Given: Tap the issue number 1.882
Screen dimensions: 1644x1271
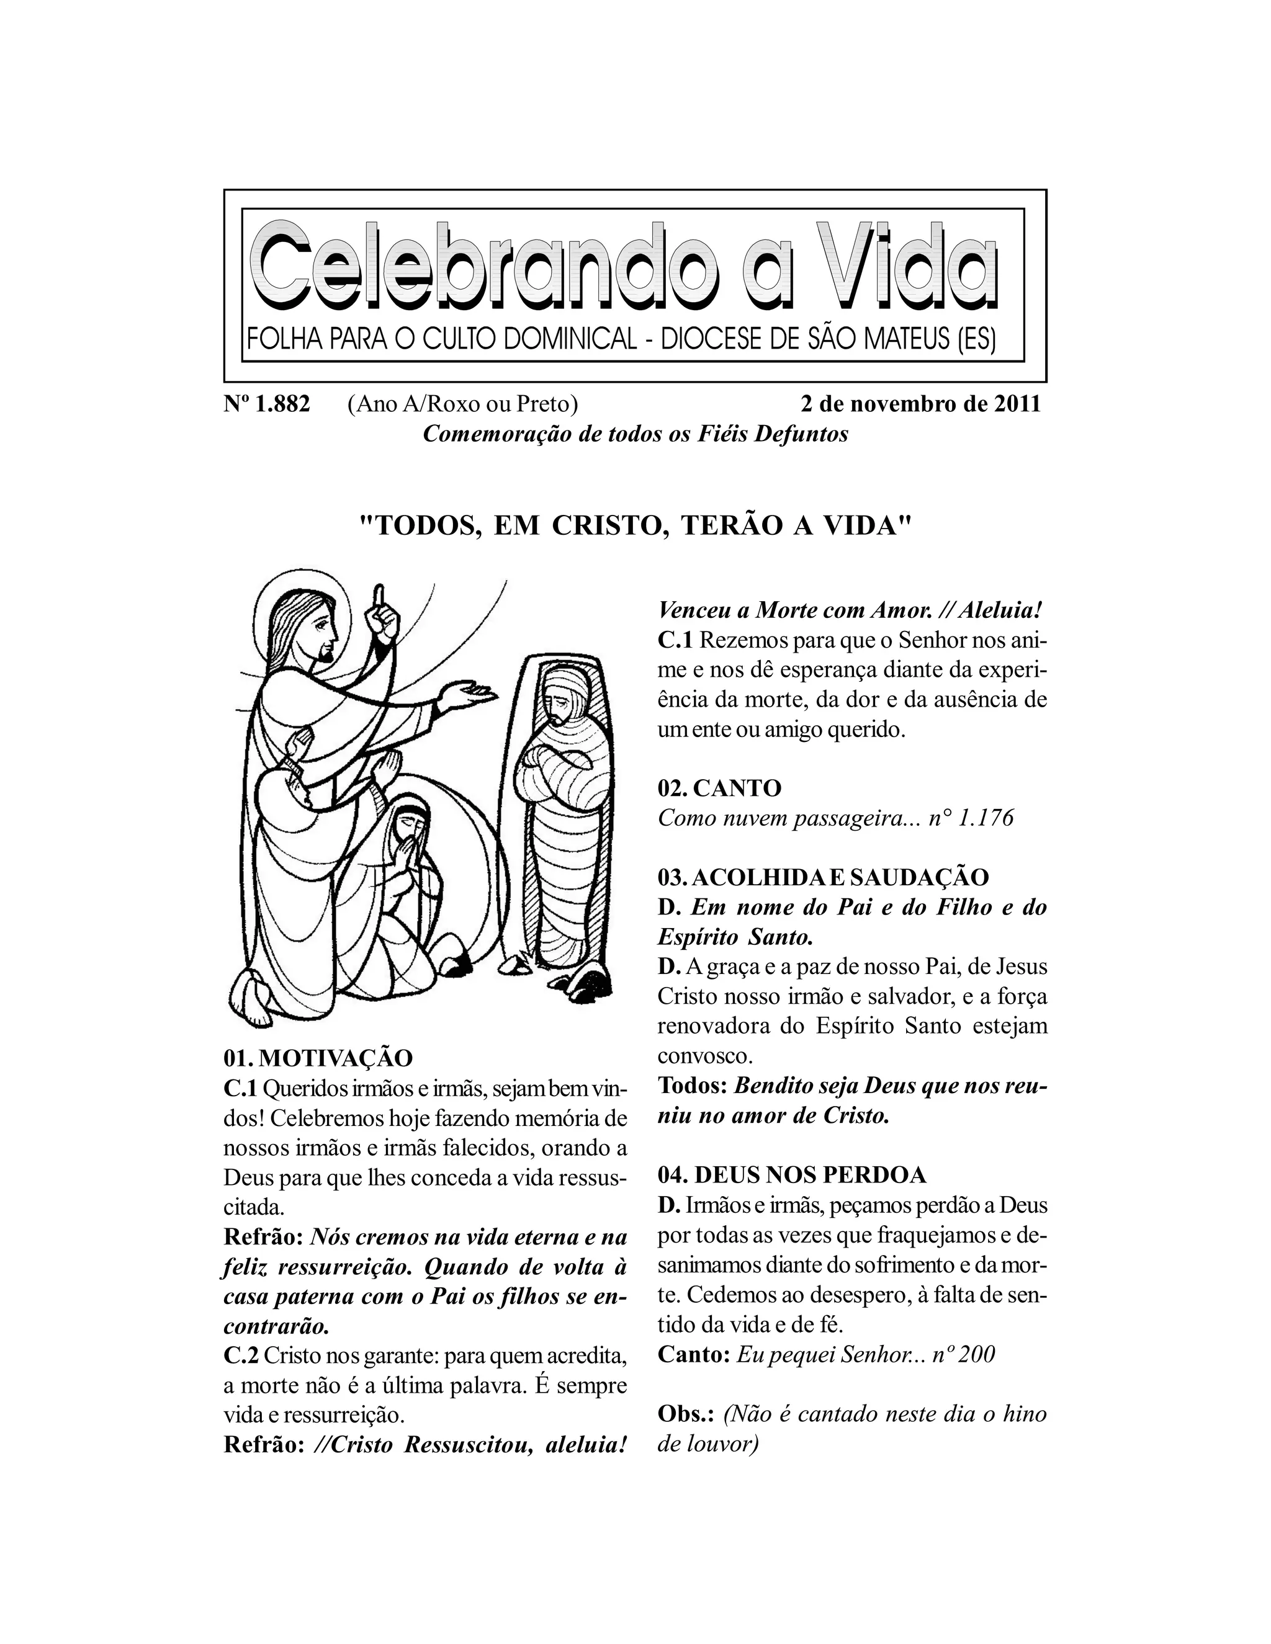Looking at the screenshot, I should [x=282, y=404].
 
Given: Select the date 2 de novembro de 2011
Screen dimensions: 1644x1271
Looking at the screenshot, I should [x=920, y=404].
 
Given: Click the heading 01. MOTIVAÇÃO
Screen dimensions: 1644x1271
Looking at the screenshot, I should [x=318, y=1058].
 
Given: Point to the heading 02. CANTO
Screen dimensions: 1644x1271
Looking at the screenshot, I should [x=719, y=788].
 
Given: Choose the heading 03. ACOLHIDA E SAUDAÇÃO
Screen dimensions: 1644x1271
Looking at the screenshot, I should [x=823, y=877].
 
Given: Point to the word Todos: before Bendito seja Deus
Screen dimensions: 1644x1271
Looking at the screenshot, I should [x=692, y=1086].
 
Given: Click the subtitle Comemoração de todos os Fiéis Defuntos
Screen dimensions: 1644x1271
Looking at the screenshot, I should [x=635, y=434].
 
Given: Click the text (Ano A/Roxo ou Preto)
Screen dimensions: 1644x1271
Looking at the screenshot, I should [x=462, y=404].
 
